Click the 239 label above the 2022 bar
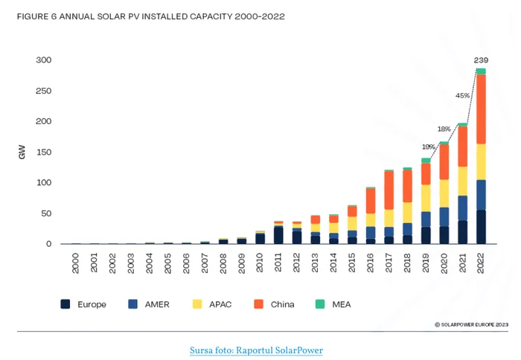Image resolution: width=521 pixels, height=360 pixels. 482,60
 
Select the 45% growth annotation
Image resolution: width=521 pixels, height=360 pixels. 462,95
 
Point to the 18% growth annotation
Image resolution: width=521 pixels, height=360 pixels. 444,129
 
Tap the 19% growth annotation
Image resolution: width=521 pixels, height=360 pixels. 428,147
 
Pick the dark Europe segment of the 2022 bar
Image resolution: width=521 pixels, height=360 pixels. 482,227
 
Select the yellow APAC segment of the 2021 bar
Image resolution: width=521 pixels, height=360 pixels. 463,181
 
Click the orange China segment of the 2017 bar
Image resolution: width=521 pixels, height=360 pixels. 389,190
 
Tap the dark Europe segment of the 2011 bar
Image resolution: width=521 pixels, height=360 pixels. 278,235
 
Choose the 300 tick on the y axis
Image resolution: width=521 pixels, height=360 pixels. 44,60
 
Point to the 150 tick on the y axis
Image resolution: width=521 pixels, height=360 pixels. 44,152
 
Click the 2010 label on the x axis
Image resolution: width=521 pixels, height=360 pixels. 260,262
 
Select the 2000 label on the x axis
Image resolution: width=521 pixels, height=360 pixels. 76,262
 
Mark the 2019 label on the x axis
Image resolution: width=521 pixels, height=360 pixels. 426,262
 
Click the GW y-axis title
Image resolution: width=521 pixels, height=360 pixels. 22,152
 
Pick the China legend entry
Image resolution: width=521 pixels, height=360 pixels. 275,304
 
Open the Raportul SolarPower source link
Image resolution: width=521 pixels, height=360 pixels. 256,350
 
